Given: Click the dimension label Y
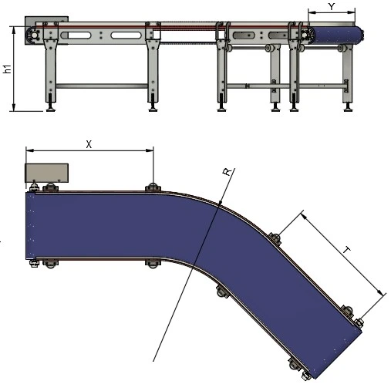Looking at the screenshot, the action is pyautogui.click(x=332, y=6).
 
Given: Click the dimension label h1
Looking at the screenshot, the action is pyautogui.click(x=8, y=69).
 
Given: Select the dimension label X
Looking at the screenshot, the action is pyautogui.click(x=89, y=144).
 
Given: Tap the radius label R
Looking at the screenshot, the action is pyautogui.click(x=227, y=172).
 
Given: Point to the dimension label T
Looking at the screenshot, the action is pyautogui.click(x=347, y=250).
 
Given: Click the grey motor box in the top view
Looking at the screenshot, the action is pyautogui.click(x=46, y=173).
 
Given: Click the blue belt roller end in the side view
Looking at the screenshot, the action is pyautogui.click(x=336, y=35).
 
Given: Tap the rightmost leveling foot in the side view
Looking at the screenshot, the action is pyautogui.click(x=349, y=107).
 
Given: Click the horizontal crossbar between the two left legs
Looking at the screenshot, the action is pyautogui.click(x=102, y=86).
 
